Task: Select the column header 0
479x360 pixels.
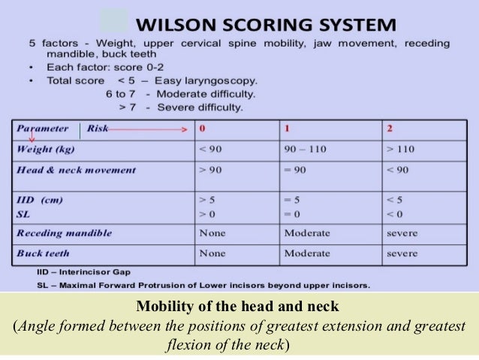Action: (202, 129)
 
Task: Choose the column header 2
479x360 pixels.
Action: (390, 129)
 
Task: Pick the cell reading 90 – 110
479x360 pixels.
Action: (305, 149)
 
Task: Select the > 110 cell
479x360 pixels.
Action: (400, 149)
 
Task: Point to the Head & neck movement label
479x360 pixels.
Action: (76, 170)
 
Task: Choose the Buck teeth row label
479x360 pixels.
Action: (45, 253)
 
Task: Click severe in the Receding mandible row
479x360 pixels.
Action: (402, 233)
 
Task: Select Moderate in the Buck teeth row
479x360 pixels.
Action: (306, 253)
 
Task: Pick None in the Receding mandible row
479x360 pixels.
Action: (212, 233)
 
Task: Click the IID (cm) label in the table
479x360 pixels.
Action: (40, 200)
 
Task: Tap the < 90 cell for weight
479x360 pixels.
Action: (210, 149)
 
